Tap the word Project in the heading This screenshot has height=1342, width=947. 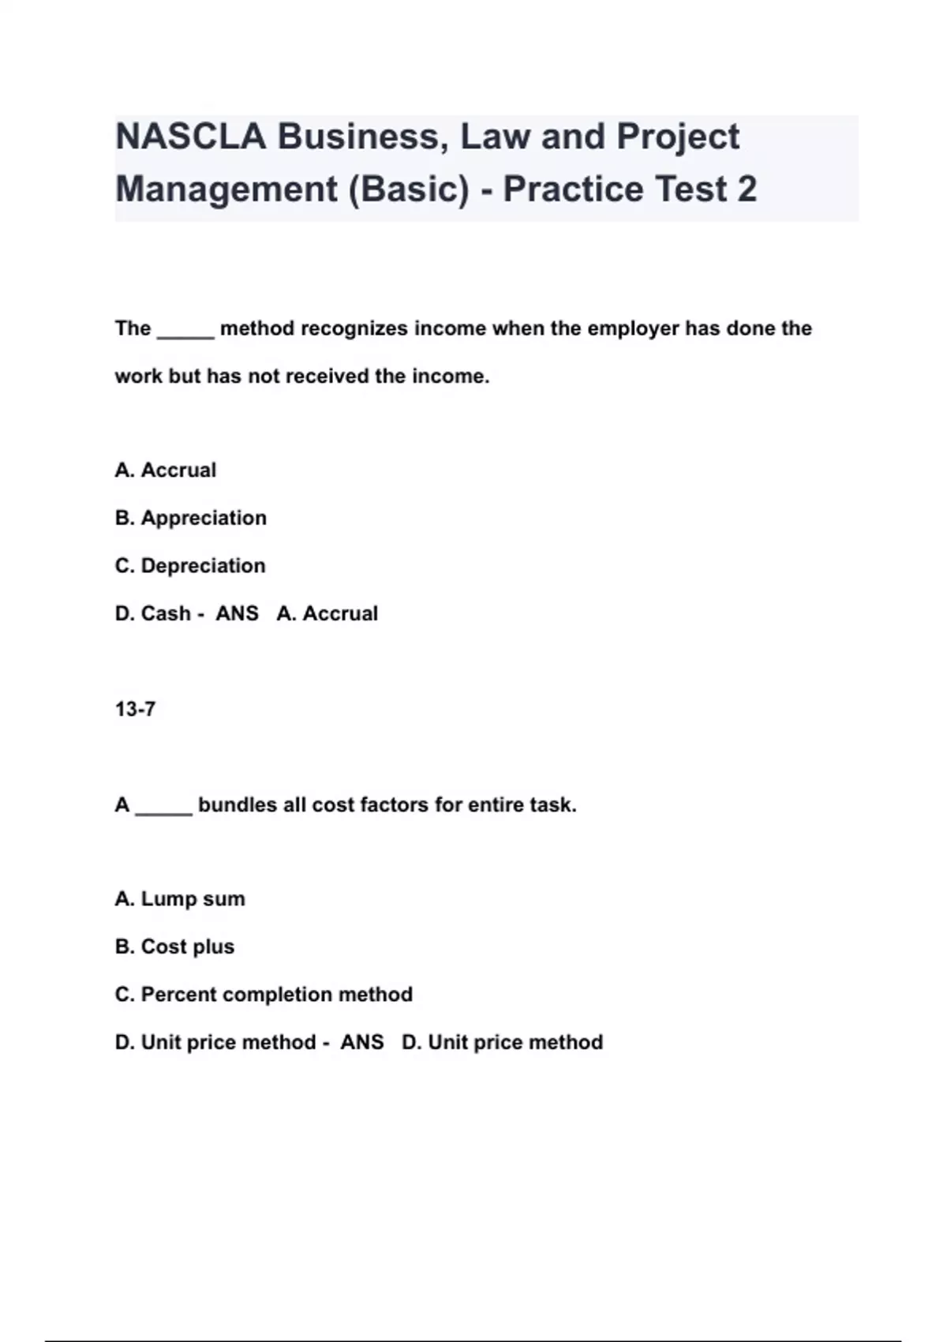click(x=678, y=137)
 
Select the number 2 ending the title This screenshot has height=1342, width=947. click(x=747, y=189)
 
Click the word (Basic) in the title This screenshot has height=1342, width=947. click(x=409, y=189)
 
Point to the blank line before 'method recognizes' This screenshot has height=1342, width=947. click(x=185, y=332)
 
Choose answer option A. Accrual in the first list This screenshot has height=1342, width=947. click(x=166, y=470)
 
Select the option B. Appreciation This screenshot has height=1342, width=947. click(x=191, y=519)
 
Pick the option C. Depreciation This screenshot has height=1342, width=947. click(x=190, y=566)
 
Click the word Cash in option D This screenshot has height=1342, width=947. click(x=166, y=614)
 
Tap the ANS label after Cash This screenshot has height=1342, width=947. click(x=237, y=614)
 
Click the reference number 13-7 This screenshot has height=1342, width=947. click(x=135, y=710)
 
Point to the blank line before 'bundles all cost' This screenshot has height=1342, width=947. click(x=163, y=808)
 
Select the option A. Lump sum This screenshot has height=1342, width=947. click(x=180, y=899)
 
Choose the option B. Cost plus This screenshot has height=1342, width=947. click(x=174, y=947)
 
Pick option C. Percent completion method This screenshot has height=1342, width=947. click(x=264, y=995)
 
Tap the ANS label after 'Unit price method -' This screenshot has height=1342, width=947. click(x=361, y=1043)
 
